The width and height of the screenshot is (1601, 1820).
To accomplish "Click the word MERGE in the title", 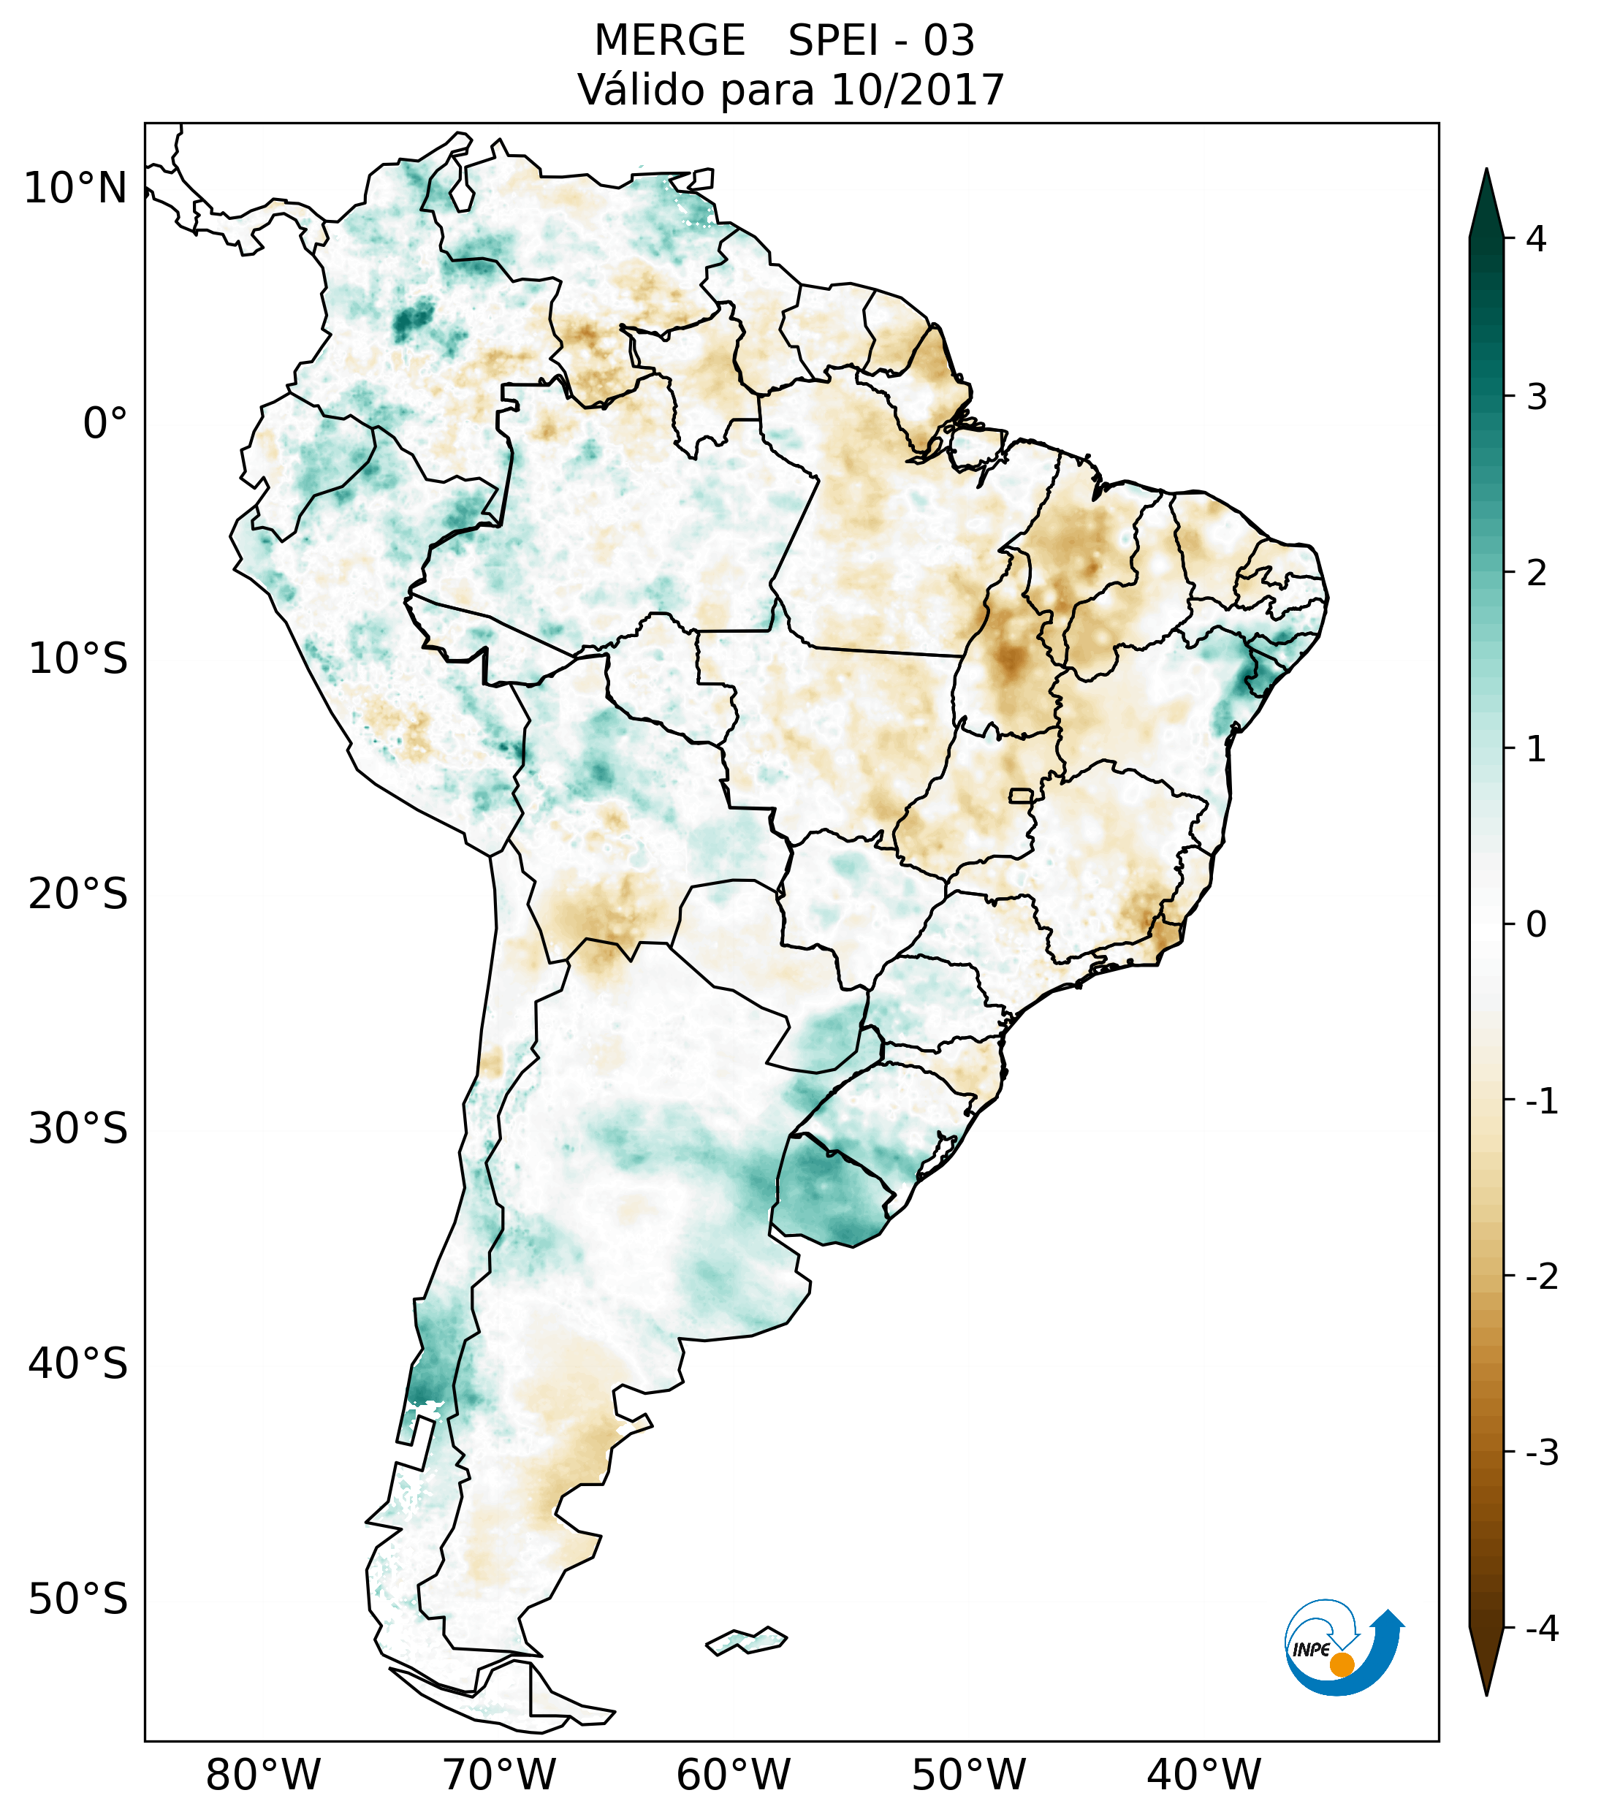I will [x=669, y=41].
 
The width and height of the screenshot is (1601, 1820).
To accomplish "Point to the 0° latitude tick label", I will [x=105, y=424].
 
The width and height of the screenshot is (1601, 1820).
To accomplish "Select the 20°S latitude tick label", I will [x=78, y=894].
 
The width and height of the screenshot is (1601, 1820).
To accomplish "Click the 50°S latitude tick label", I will [x=78, y=1599].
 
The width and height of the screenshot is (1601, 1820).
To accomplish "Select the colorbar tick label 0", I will [x=1536, y=925].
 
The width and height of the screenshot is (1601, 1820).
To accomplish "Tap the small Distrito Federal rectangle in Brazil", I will [x=1022, y=795].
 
